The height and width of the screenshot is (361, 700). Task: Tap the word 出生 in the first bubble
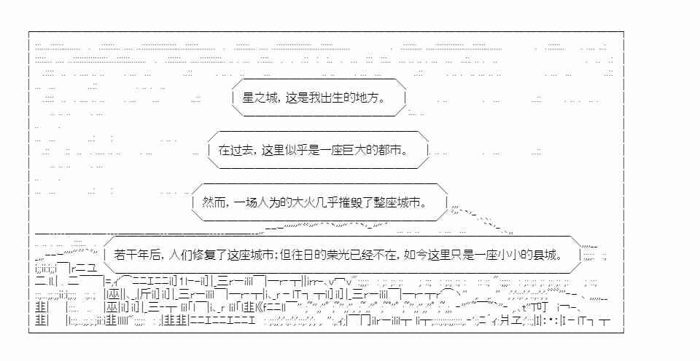(x=331, y=98)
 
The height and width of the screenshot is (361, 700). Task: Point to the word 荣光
(x=338, y=255)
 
